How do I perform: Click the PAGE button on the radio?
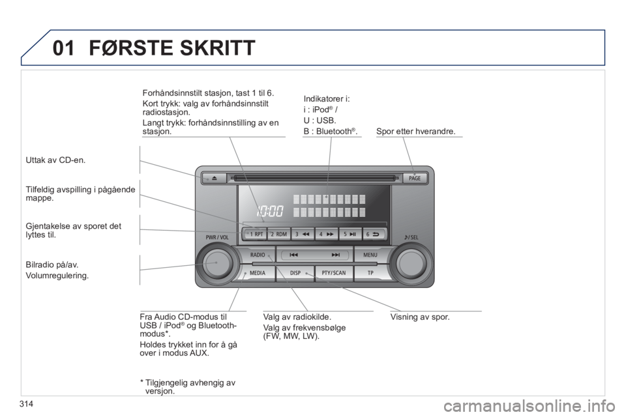click(x=415, y=179)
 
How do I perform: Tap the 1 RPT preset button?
click(x=254, y=235)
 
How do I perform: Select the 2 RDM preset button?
click(x=278, y=235)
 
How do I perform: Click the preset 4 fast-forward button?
click(x=326, y=235)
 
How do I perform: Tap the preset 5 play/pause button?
click(x=350, y=235)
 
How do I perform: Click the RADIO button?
click(x=258, y=255)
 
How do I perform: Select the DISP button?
click(x=295, y=273)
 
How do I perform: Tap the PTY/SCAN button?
click(x=334, y=273)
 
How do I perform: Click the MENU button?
click(x=370, y=255)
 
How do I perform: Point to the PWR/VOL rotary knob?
click(x=216, y=263)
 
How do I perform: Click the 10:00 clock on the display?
click(x=270, y=210)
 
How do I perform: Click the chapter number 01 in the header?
click(x=63, y=48)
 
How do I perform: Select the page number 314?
click(x=25, y=405)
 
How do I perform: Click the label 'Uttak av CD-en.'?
click(x=55, y=160)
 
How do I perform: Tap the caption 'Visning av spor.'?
click(x=420, y=317)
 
